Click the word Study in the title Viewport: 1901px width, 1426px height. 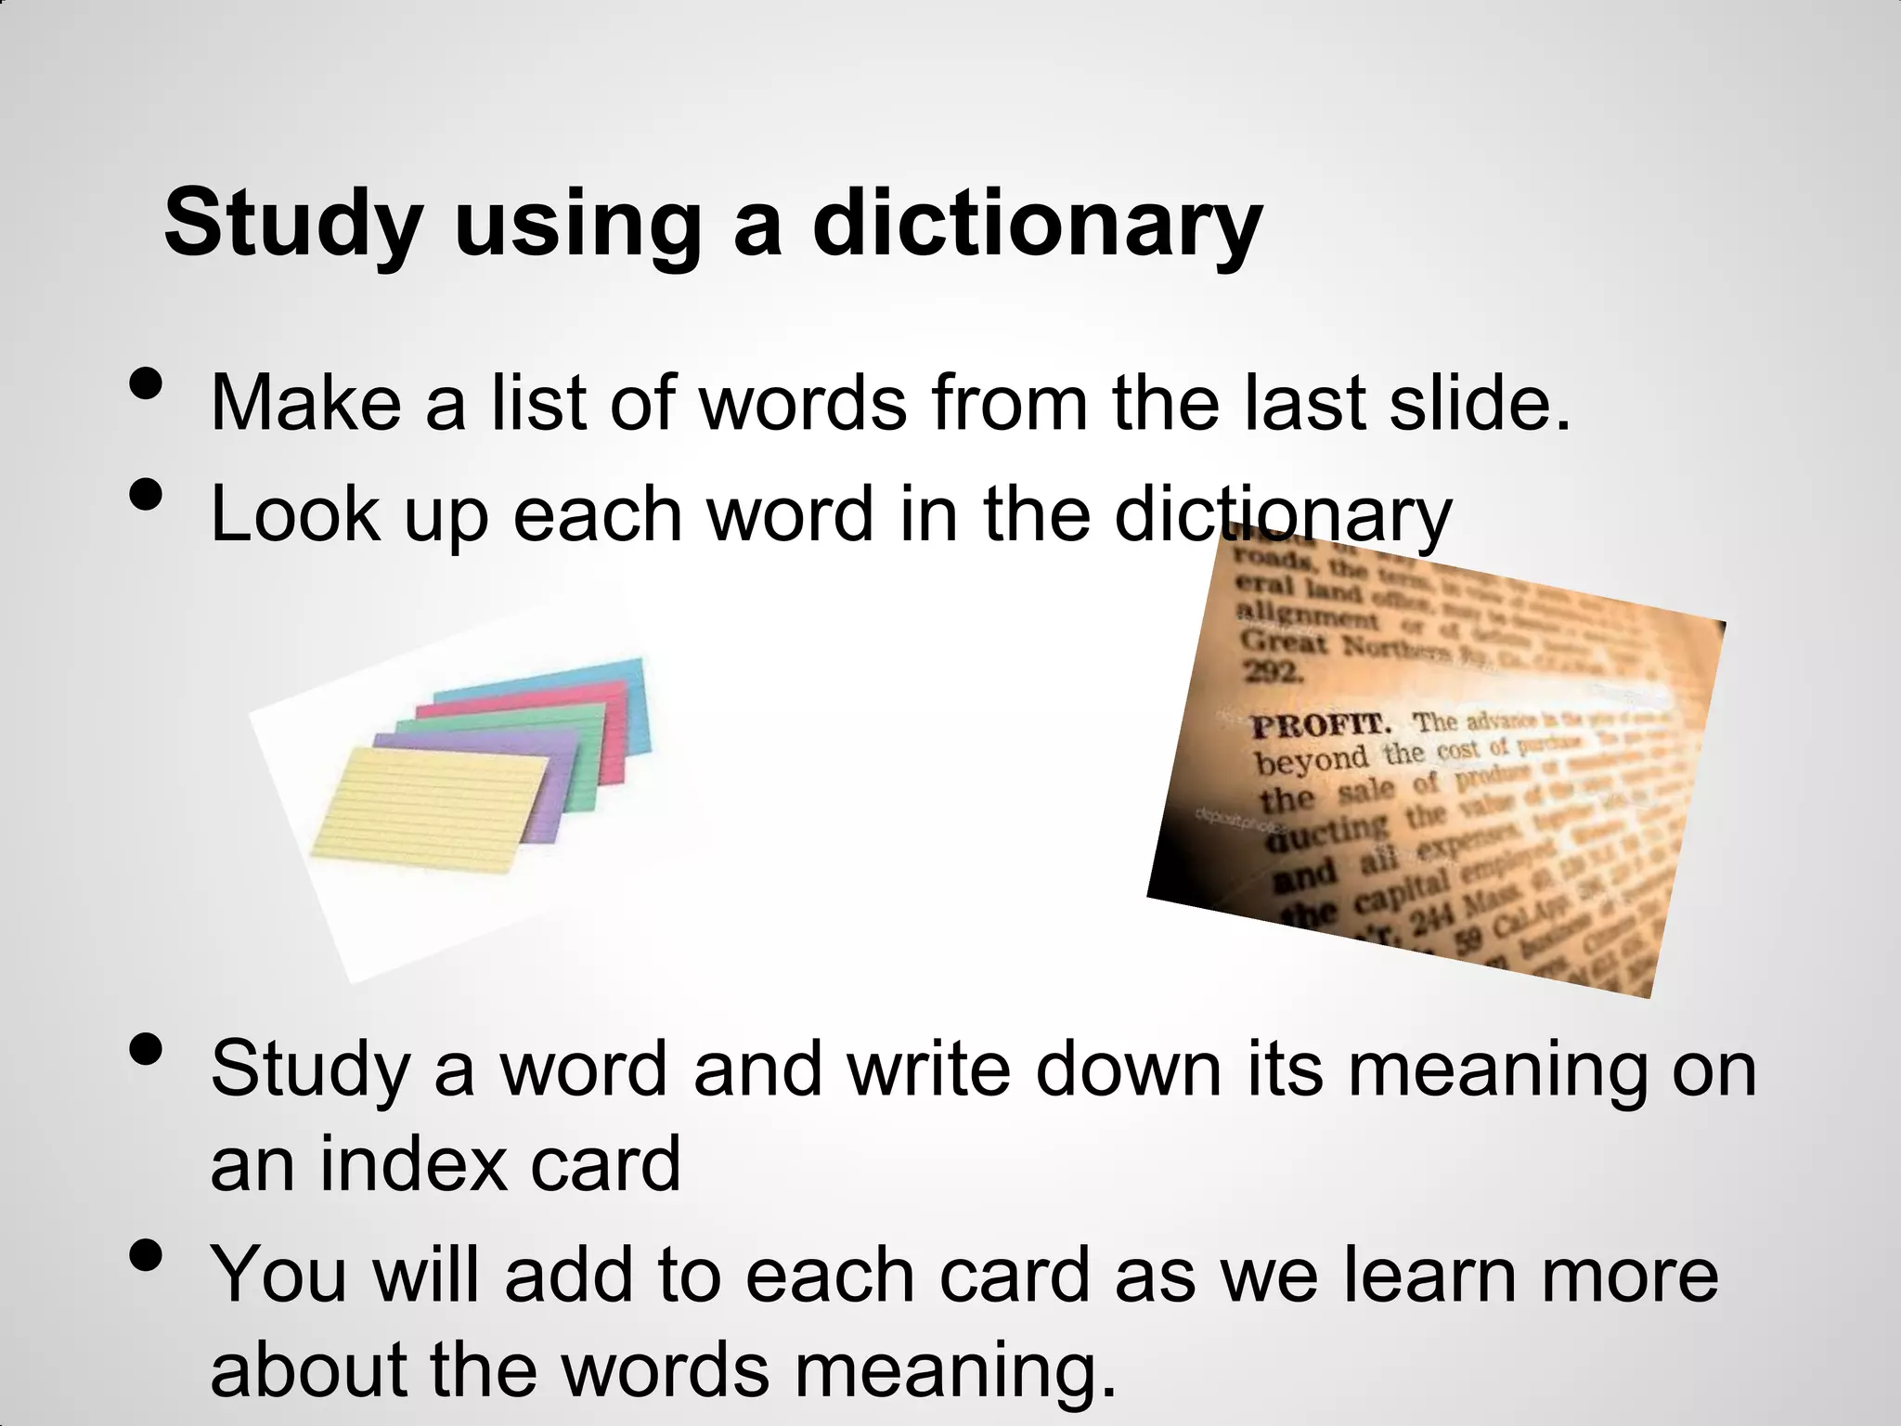[293, 226]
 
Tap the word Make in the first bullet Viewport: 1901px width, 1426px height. [305, 404]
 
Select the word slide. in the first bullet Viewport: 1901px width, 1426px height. [1481, 404]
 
